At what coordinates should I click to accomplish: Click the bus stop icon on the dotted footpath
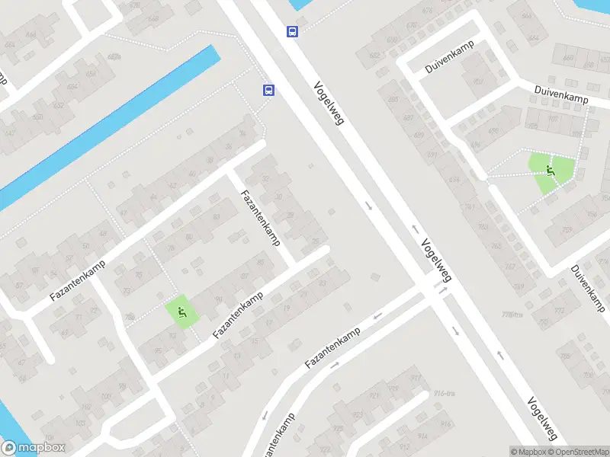coord(268,90)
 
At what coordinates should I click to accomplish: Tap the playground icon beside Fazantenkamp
coord(181,312)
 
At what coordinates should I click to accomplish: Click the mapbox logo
coord(32,448)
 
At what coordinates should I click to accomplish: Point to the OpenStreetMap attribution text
coord(578,451)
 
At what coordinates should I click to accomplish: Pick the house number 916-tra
coord(445,393)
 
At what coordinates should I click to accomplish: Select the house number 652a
coord(115,56)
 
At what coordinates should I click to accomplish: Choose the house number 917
coord(416,378)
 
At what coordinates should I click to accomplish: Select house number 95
coord(158,350)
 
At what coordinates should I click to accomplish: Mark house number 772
coord(560,311)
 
